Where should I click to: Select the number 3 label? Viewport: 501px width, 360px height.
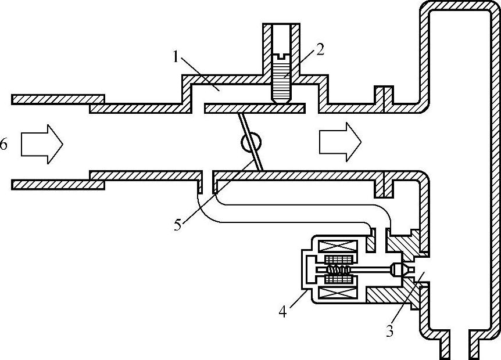tap(389, 332)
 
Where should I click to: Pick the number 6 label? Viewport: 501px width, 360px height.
tap(4, 143)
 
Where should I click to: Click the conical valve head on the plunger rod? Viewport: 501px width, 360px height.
tap(399, 269)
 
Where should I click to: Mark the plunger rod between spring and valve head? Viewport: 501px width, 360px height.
tap(372, 269)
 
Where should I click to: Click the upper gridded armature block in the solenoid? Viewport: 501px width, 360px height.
tap(339, 260)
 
